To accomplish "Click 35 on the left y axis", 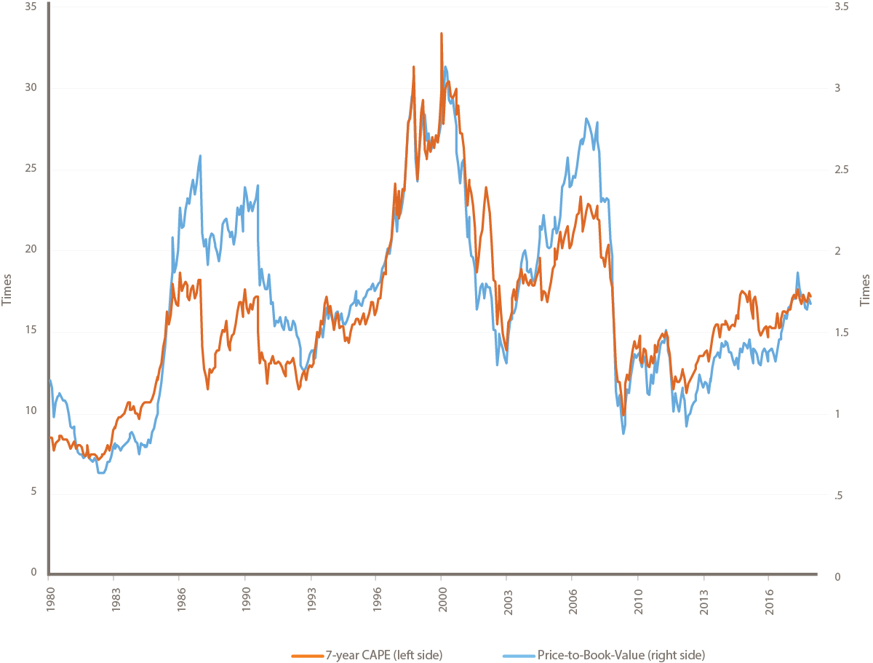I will pos(31,7).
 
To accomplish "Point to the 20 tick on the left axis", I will pos(31,251).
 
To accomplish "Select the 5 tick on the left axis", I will pos(33,495).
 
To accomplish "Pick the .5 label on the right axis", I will pos(840,495).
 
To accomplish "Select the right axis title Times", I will pos(865,290).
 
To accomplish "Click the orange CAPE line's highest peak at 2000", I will pos(442,33).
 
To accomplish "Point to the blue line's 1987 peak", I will pos(199,156).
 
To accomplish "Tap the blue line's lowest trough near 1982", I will pos(101,473).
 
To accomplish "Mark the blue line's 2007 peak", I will pos(586,119).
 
